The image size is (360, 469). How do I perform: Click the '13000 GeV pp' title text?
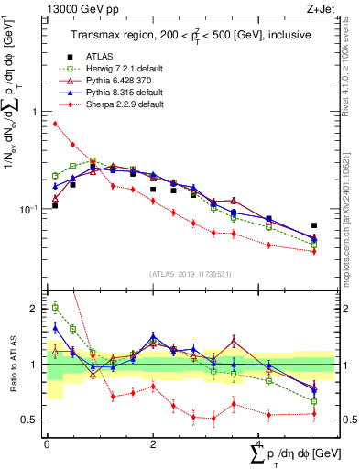pos(70,8)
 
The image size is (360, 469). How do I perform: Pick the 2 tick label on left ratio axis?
pos(34,309)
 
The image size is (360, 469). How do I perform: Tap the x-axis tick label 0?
pos(47,444)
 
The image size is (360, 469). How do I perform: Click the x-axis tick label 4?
pos(259,444)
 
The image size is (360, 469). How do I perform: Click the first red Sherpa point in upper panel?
pos(55,124)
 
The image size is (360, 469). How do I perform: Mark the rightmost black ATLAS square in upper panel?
pos(314,225)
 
